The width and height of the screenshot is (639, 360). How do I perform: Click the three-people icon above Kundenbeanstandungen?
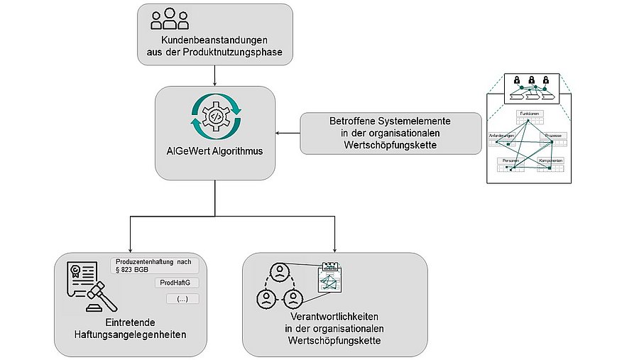pos(170,19)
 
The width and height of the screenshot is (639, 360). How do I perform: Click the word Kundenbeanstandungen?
pos(214,40)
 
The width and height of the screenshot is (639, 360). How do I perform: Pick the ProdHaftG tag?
pos(174,283)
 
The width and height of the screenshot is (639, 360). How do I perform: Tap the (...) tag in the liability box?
pos(181,299)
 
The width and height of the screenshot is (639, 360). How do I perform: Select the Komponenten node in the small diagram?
pos(551,161)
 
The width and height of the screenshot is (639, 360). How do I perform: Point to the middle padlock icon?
pos(529,80)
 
